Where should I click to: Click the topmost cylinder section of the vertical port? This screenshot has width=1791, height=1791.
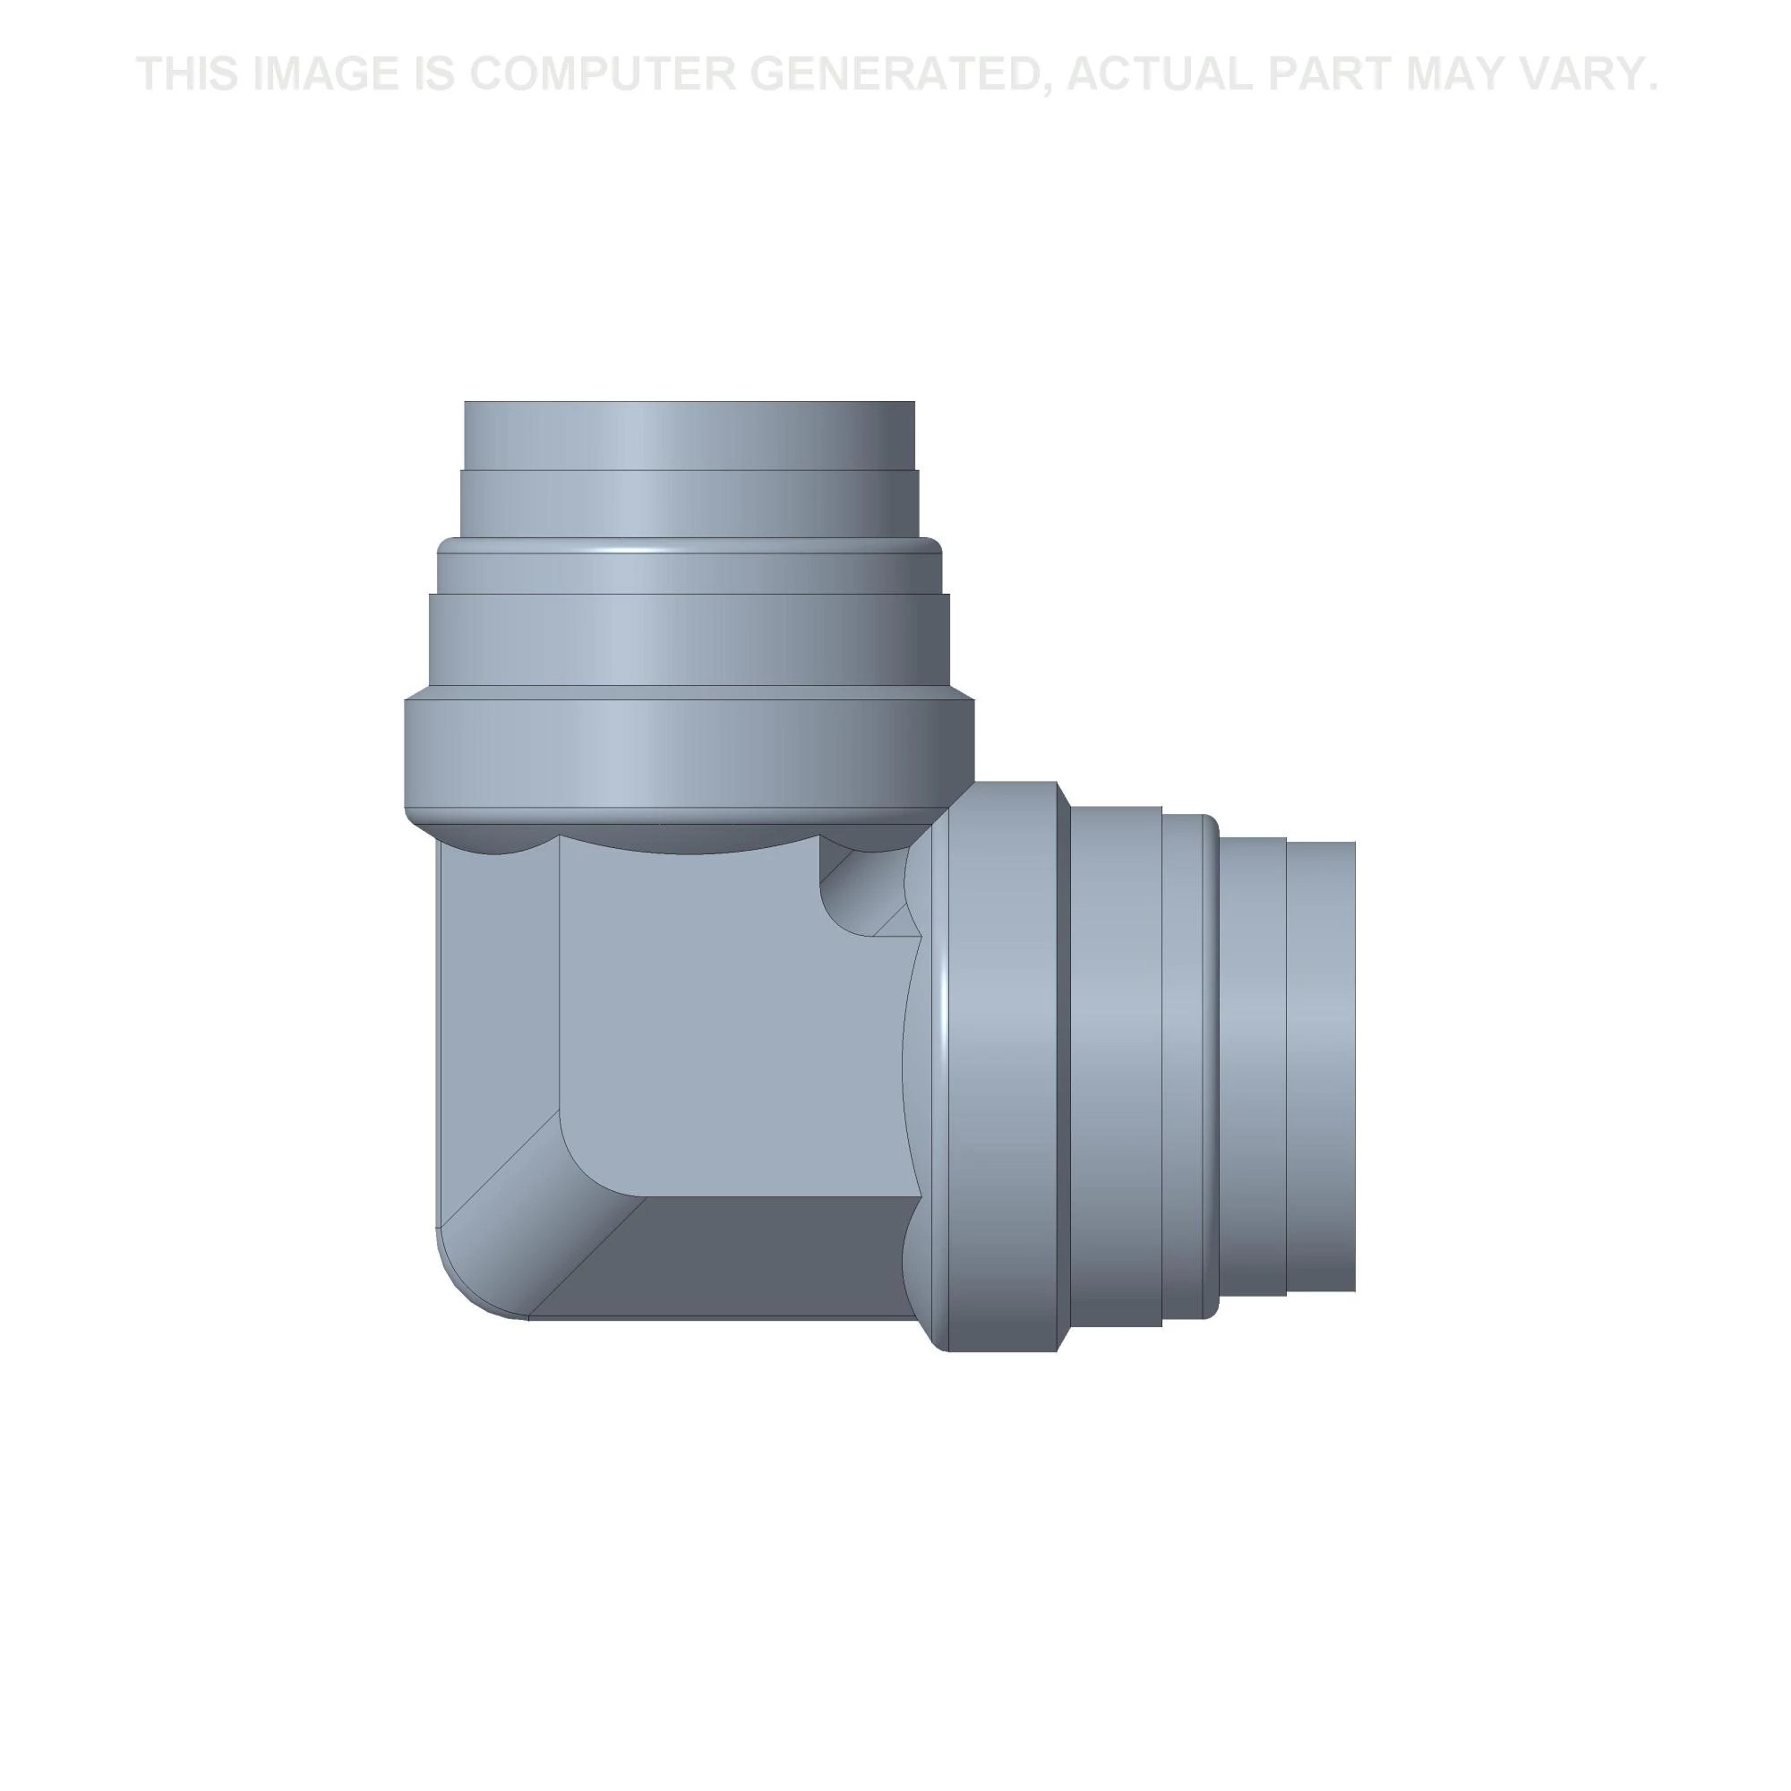689,436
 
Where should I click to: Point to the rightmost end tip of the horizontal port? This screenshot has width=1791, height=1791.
1355,1066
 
